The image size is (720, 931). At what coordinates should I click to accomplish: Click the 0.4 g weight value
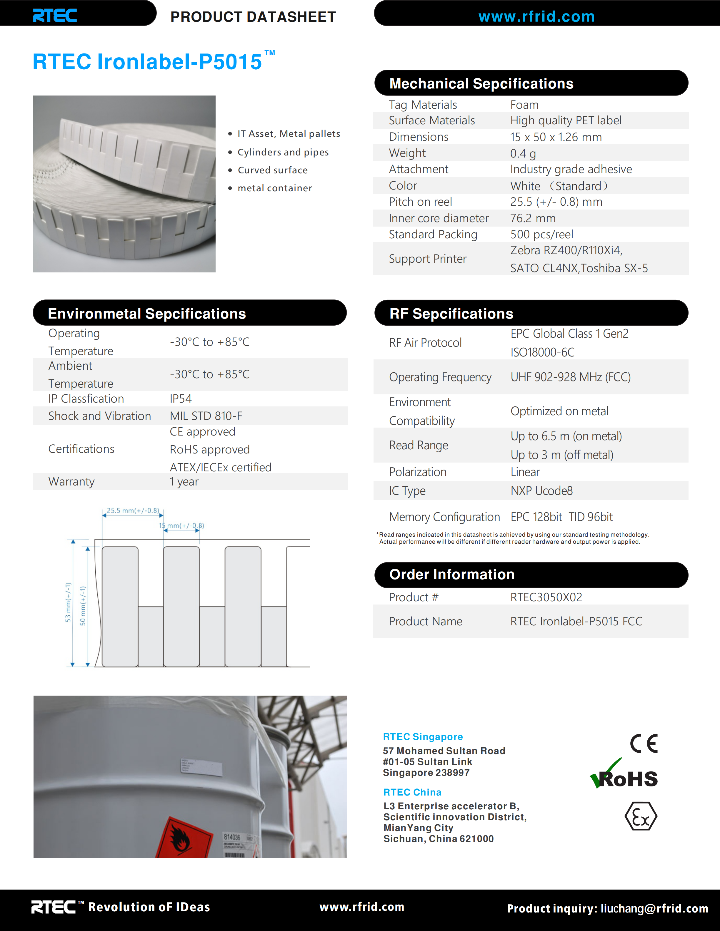tap(523, 153)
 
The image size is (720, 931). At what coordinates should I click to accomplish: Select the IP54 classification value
tap(180, 398)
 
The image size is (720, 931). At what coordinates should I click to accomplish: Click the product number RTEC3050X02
tap(546, 597)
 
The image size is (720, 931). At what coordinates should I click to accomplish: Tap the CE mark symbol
tap(644, 744)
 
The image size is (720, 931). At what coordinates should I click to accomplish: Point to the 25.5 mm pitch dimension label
tap(133, 510)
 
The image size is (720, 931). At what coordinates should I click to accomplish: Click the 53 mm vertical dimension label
tap(68, 602)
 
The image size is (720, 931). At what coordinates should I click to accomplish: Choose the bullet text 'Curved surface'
tap(273, 170)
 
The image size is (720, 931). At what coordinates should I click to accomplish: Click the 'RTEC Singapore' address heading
tap(423, 737)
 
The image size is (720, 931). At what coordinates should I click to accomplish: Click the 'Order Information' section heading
tap(452, 575)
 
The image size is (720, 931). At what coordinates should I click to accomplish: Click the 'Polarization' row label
tap(418, 472)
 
